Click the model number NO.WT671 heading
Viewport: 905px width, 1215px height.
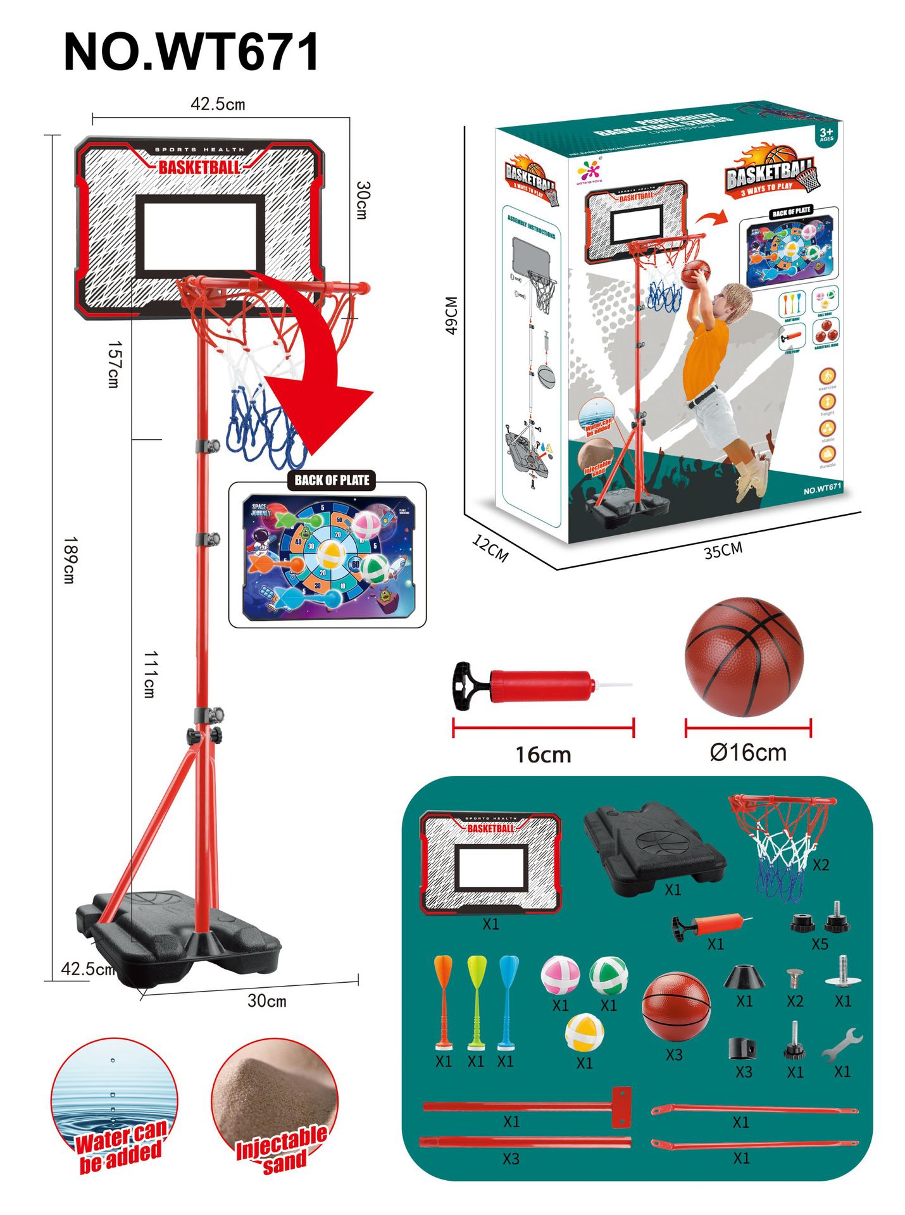(x=191, y=53)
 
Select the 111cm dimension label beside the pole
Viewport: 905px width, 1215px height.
(x=149, y=674)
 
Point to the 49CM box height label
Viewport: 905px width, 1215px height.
(x=451, y=315)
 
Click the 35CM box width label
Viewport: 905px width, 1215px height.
(x=723, y=550)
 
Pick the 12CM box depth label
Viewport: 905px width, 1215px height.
(x=490, y=547)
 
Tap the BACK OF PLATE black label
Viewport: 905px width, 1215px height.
(x=332, y=480)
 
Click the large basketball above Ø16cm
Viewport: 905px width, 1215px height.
(x=744, y=656)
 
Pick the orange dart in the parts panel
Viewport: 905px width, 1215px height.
(x=444, y=1000)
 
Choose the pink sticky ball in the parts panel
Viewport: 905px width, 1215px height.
(x=560, y=975)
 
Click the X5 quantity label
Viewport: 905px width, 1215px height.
(x=820, y=944)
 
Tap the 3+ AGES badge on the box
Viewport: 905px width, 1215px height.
(x=827, y=134)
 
